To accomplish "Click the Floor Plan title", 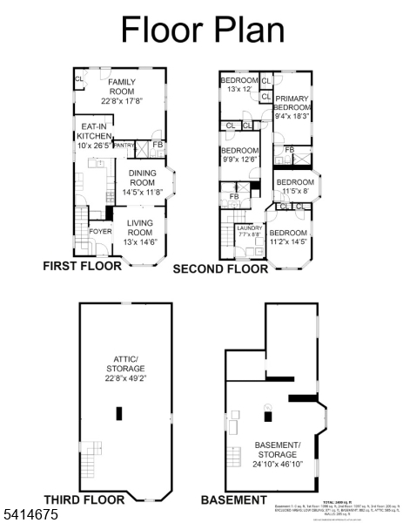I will click(202, 29).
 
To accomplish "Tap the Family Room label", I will click(122, 92).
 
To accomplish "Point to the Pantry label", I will click(124, 146).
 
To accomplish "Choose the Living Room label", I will click(139, 232).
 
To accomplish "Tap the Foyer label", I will click(100, 232).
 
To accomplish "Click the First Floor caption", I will click(82, 267).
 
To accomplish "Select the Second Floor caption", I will click(220, 269).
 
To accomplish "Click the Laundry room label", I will click(249, 231).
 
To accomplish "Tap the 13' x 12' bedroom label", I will click(238, 85).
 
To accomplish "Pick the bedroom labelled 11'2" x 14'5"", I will click(287, 238).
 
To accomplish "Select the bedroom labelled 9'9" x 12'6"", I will click(238, 154).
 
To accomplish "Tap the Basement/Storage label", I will click(277, 451).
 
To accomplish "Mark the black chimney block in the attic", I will click(118, 415).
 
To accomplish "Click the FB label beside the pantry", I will click(158, 145).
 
